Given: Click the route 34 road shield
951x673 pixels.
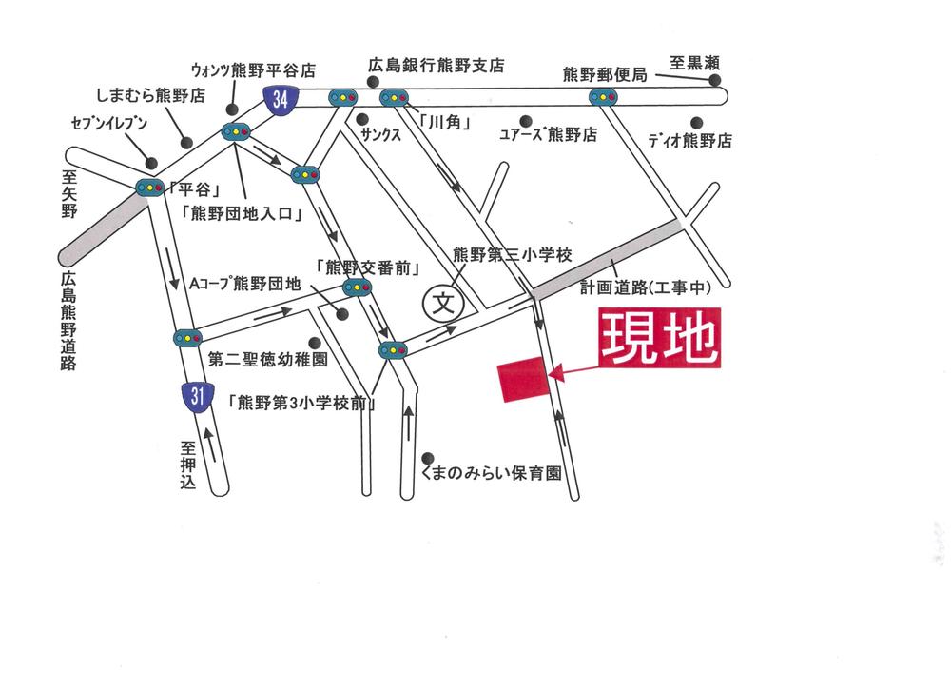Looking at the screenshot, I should [280, 99].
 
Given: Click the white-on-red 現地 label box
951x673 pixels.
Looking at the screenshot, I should [660, 340].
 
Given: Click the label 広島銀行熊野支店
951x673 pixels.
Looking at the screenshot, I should [437, 68].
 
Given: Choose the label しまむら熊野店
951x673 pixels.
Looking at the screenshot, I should [151, 96].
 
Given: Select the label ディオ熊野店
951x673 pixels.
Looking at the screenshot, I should [690, 141].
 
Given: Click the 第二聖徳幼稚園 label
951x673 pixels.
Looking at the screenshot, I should [268, 361].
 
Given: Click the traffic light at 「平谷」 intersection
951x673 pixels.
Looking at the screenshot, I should [150, 188].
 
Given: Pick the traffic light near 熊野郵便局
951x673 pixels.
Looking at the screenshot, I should [603, 97].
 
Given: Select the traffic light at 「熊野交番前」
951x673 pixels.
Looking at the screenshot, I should [357, 287].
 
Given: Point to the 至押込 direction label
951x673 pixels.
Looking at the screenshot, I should [187, 465].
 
